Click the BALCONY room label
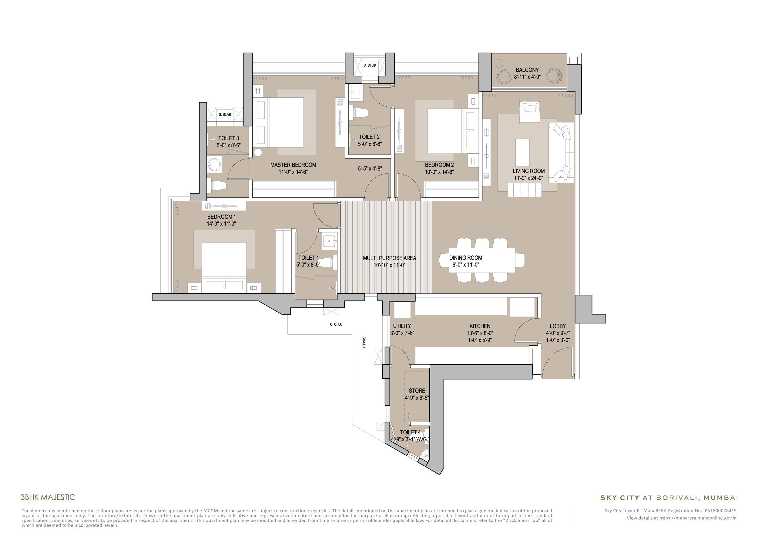[527, 70]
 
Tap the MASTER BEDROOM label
[293, 165]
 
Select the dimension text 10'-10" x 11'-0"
[389, 265]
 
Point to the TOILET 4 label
[410, 432]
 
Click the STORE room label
[417, 391]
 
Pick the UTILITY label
[402, 326]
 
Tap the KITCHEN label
[480, 326]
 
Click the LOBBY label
[558, 326]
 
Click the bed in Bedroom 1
[224, 264]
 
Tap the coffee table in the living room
[522, 152]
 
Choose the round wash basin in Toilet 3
[215, 164]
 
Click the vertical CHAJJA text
[364, 343]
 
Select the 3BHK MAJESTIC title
[48, 497]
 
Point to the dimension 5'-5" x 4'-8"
[370, 169]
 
